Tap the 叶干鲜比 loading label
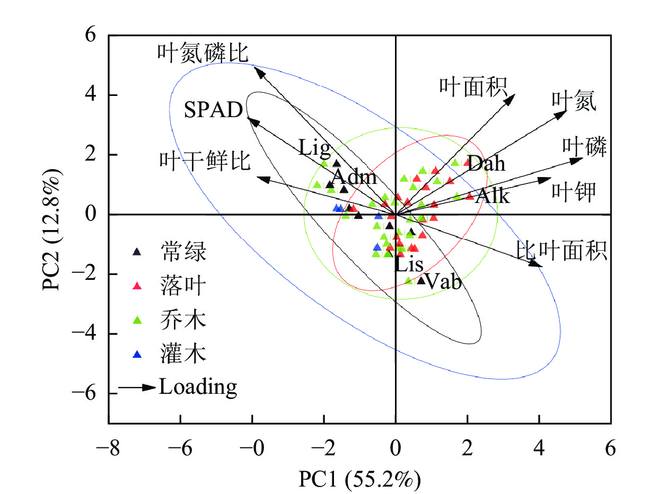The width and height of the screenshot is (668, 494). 205,162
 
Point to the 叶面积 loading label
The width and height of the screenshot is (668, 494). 473,85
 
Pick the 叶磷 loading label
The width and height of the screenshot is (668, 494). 584,147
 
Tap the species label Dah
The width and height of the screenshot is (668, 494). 487,163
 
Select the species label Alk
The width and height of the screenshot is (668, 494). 493,197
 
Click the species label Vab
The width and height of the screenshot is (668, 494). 443,281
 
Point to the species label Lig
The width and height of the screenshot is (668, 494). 314,147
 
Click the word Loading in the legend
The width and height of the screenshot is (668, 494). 198,387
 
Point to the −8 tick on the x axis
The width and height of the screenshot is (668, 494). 108,448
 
